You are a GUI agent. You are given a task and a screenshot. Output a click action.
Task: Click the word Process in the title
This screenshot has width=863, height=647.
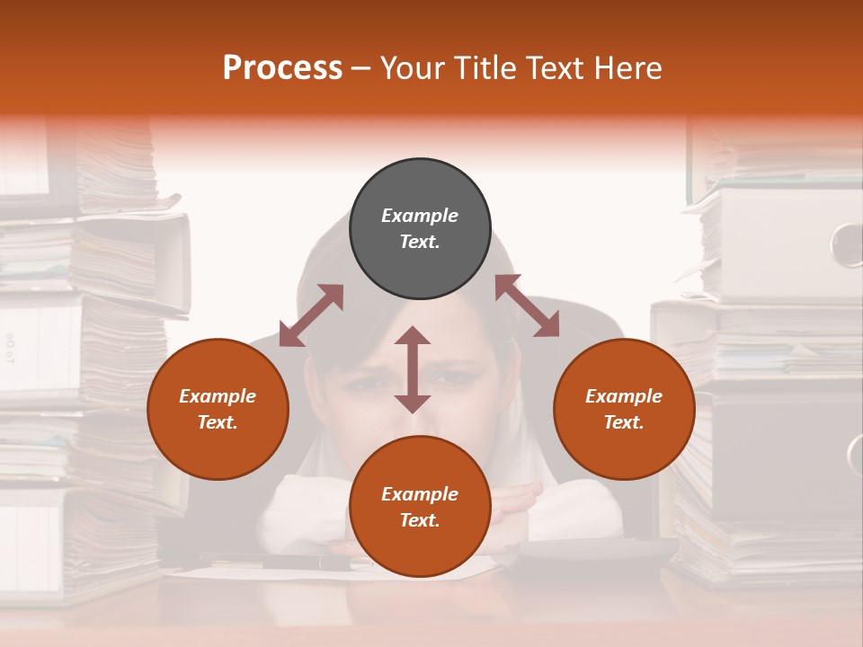[x=282, y=68]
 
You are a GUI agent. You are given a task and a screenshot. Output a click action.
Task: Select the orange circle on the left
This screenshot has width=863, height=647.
[x=218, y=409]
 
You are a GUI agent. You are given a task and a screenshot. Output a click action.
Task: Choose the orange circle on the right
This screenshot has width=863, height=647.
[x=624, y=409]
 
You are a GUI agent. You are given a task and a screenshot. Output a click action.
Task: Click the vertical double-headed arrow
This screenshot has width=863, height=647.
[x=413, y=369]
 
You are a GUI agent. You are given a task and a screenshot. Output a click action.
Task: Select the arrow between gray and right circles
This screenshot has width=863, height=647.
[x=527, y=306]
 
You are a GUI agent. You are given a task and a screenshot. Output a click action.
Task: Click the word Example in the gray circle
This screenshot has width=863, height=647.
[x=420, y=216]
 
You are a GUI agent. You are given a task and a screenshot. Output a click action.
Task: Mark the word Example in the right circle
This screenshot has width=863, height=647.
[x=624, y=396]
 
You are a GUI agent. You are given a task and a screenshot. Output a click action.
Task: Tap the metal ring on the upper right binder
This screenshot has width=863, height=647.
[x=847, y=244]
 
